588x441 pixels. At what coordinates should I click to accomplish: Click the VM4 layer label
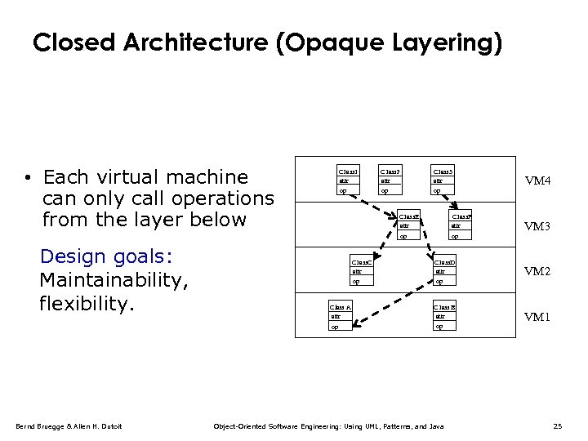pyautogui.click(x=537, y=180)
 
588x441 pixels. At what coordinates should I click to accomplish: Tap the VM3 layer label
pyautogui.click(x=537, y=226)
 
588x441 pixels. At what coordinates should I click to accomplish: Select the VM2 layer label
pyautogui.click(x=537, y=271)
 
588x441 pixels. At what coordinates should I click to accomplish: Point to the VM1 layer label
pyautogui.click(x=537, y=317)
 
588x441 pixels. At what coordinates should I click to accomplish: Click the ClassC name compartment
pyautogui.click(x=361, y=261)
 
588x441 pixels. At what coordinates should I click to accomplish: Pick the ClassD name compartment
pyautogui.click(x=445, y=261)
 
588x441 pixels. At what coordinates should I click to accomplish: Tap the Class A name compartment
pyautogui.click(x=340, y=307)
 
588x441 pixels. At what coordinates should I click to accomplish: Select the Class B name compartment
pyautogui.click(x=445, y=307)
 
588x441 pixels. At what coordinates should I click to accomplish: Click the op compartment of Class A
pyautogui.click(x=340, y=327)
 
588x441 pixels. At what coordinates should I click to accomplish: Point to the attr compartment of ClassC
pyautogui.click(x=361, y=271)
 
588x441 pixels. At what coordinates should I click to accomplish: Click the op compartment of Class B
pyautogui.click(x=445, y=327)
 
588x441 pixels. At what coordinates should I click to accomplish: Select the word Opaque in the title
pyautogui.click(x=335, y=42)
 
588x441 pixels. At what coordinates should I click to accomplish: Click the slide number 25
pyautogui.click(x=558, y=426)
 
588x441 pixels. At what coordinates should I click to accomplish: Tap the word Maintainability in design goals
pyautogui.click(x=114, y=280)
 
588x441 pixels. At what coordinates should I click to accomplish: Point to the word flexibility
pyautogui.click(x=86, y=304)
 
